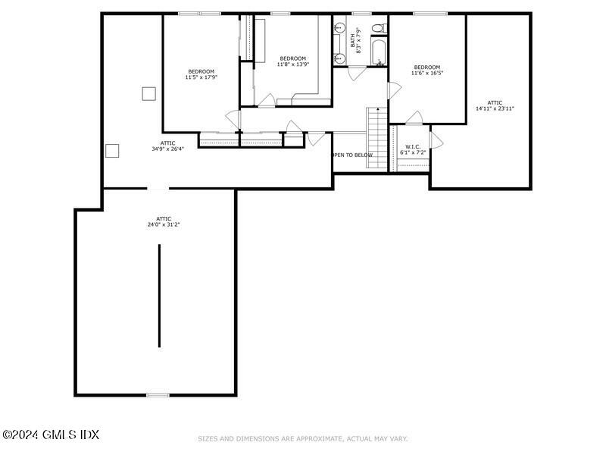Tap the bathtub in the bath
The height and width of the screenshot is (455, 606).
point(378,53)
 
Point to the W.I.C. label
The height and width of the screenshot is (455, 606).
point(413,146)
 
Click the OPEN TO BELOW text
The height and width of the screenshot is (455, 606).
point(353,155)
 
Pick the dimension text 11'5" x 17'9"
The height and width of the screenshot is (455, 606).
point(201,77)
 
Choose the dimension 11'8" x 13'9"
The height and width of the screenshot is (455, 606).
point(292,64)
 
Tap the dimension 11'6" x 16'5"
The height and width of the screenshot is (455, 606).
point(427,73)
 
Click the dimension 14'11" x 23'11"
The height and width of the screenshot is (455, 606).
point(495,108)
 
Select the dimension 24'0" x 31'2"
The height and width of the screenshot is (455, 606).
point(159,224)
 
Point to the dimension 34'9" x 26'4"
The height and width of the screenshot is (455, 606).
point(167,149)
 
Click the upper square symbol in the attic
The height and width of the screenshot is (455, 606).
point(148,93)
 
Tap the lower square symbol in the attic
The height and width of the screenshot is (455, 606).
point(112,150)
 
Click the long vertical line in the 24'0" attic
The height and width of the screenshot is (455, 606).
point(159,296)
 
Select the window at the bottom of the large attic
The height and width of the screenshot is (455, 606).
point(158,394)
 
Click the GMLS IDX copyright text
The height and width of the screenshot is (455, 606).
point(51,435)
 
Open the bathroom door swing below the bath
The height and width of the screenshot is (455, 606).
point(356,74)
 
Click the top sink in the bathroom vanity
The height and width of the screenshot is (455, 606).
point(339,29)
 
